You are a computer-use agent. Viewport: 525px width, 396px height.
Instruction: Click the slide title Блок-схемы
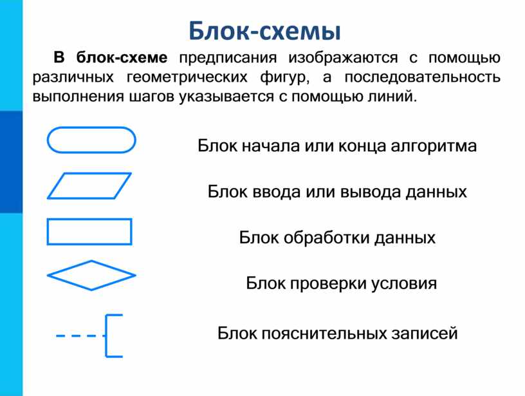[264, 31]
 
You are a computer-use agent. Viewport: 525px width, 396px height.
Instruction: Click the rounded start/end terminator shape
[91, 127]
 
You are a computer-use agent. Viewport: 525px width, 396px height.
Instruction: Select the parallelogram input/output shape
[89, 173]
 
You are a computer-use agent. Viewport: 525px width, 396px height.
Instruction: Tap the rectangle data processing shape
[89, 219]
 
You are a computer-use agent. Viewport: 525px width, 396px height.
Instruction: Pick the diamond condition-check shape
[69, 268]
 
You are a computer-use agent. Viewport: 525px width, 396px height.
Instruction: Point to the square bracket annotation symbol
[106, 335]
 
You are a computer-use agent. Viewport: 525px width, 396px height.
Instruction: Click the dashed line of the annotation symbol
[80, 335]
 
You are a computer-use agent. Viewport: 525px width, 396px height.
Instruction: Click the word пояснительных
[322, 334]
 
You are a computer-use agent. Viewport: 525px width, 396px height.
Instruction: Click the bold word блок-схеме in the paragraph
[122, 57]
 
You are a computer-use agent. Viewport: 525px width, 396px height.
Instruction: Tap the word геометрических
[187, 78]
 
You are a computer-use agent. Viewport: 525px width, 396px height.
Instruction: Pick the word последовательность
[423, 77]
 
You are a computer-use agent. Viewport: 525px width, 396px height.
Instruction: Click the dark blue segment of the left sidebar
[11, 162]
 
